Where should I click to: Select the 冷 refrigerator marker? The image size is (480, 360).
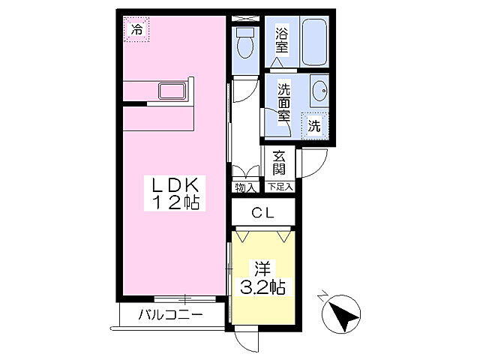pyautogui.click(x=136, y=30)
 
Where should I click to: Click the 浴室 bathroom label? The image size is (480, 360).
pyautogui.click(x=282, y=40)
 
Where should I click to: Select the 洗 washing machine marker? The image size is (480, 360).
pyautogui.click(x=315, y=125)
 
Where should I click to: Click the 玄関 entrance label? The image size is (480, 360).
pyautogui.click(x=279, y=163)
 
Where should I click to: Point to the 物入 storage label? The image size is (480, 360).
pyautogui.click(x=244, y=187)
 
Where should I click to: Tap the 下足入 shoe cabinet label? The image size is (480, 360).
pyautogui.click(x=280, y=187)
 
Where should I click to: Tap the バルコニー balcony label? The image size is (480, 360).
pyautogui.click(x=169, y=315)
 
